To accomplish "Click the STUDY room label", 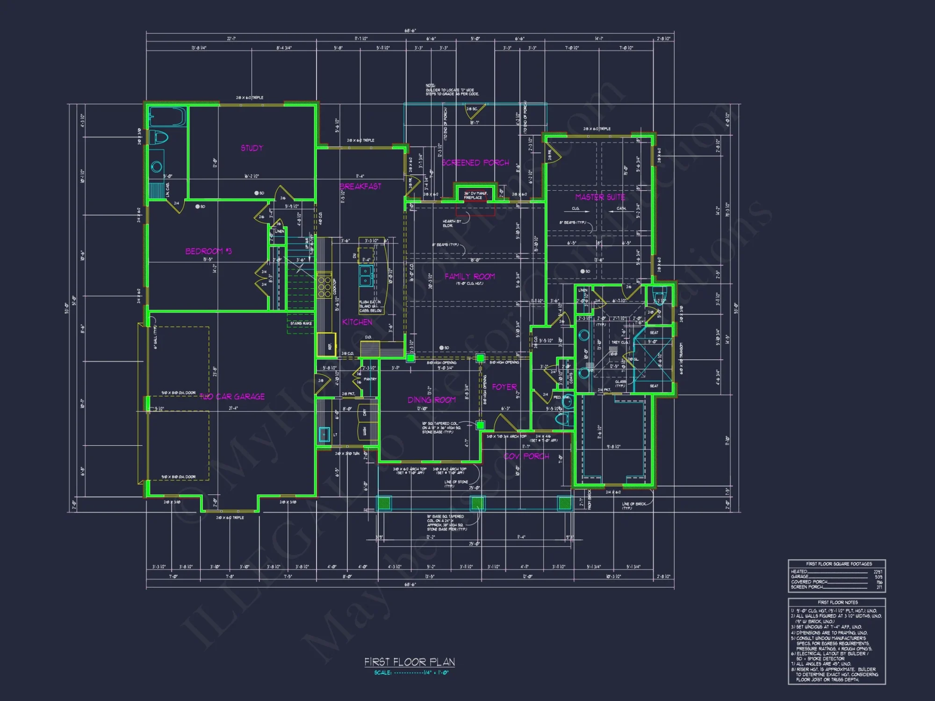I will [252, 148].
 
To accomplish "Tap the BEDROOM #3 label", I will [209, 251].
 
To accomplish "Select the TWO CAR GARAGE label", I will [232, 397].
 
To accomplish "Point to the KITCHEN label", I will [357, 322].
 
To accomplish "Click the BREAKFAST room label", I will [360, 186].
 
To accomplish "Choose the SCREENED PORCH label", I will [475, 163].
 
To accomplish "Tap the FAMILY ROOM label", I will [470, 277].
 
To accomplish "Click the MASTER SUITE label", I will [600, 197].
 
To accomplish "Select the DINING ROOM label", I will [432, 400].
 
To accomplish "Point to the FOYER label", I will [504, 387].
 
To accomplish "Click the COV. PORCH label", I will [526, 456].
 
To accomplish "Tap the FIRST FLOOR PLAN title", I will [410, 662].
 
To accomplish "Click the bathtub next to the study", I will [167, 117].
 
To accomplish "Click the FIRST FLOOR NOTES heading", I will [838, 602].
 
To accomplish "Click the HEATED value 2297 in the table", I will [878, 572].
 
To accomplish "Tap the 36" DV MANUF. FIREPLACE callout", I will [475, 195].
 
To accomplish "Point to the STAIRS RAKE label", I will [301, 323].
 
